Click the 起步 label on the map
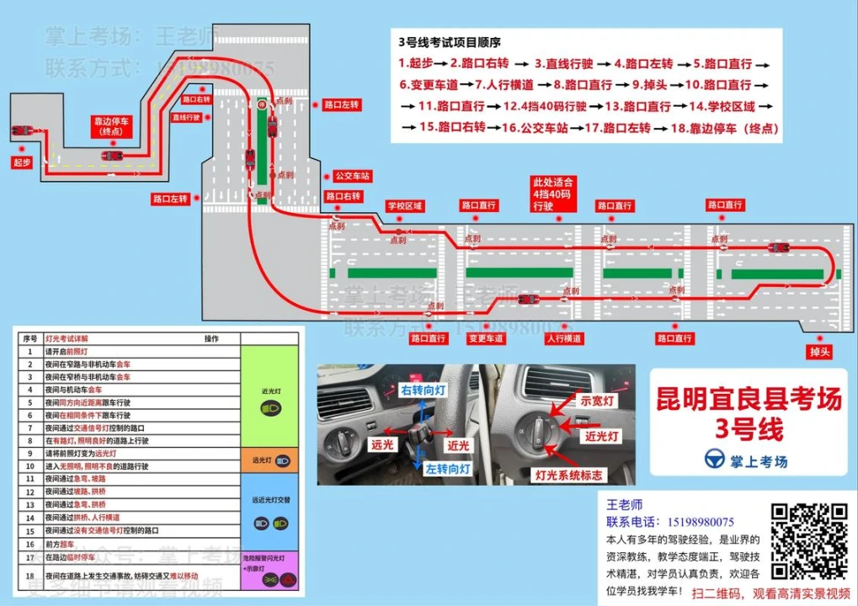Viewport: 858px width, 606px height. coord(22,162)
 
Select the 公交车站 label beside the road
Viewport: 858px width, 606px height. coord(353,176)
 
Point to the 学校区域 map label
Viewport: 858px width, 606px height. coord(405,205)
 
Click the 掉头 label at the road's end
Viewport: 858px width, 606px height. coord(819,351)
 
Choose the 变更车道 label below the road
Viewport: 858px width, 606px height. coord(486,338)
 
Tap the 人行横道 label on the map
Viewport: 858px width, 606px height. coord(563,338)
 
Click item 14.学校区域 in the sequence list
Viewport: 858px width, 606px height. coord(722,107)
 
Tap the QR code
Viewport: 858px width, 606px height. coord(810,541)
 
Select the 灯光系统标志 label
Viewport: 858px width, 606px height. coord(571,476)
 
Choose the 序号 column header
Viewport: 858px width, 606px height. coord(30,338)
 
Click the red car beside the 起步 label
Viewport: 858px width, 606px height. coord(23,131)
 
